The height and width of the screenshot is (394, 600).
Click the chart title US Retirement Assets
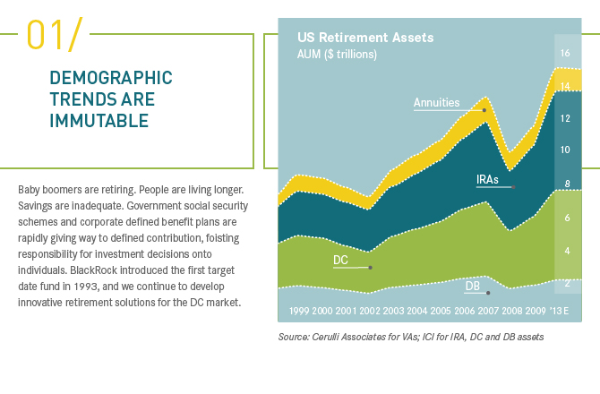tap(364, 38)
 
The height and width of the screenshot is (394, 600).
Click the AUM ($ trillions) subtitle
tap(337, 54)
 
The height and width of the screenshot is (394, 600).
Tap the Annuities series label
tap(436, 103)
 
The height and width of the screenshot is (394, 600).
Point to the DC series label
tap(340, 261)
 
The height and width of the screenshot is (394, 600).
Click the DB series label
tap(472, 286)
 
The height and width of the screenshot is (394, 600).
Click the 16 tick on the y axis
tap(565, 54)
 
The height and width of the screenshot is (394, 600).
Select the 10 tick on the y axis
tap(565, 150)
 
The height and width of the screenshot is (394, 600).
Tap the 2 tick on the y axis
tap(565, 284)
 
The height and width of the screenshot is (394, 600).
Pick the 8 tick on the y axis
tap(565, 184)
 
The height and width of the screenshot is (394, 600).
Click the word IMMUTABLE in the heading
tap(99, 120)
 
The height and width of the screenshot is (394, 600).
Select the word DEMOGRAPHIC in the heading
tap(111, 78)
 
